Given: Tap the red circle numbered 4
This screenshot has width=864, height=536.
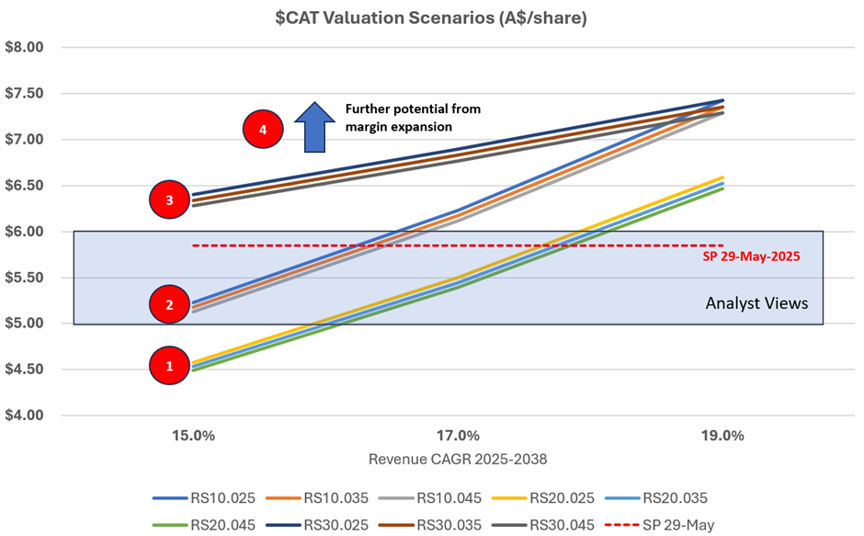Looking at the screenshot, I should tap(263, 130).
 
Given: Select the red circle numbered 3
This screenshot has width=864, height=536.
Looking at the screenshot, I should tap(168, 199).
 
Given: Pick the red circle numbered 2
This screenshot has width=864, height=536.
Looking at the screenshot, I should tap(168, 305).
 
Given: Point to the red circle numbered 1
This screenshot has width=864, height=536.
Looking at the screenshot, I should tap(168, 366).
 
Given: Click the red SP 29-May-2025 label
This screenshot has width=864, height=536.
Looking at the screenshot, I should tap(752, 257).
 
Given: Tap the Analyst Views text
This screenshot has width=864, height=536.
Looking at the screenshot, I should tap(756, 302).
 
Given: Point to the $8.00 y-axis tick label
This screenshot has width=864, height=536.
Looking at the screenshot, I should tap(26, 48).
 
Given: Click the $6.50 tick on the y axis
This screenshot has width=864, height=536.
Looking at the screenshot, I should tap(26, 186).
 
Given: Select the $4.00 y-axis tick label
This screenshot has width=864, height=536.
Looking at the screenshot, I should tap(26, 416).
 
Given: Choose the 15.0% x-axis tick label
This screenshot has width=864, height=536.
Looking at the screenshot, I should tap(194, 436).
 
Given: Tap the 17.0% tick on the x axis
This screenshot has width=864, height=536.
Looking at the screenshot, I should tap(458, 436).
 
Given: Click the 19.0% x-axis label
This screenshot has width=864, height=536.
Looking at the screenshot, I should tap(722, 436).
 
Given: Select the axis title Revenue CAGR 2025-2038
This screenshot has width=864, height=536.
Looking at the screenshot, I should tap(457, 459).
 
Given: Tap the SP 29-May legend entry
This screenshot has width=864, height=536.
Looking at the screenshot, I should tap(681, 525).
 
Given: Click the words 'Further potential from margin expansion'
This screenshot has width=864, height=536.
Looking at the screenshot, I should tap(413, 117).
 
